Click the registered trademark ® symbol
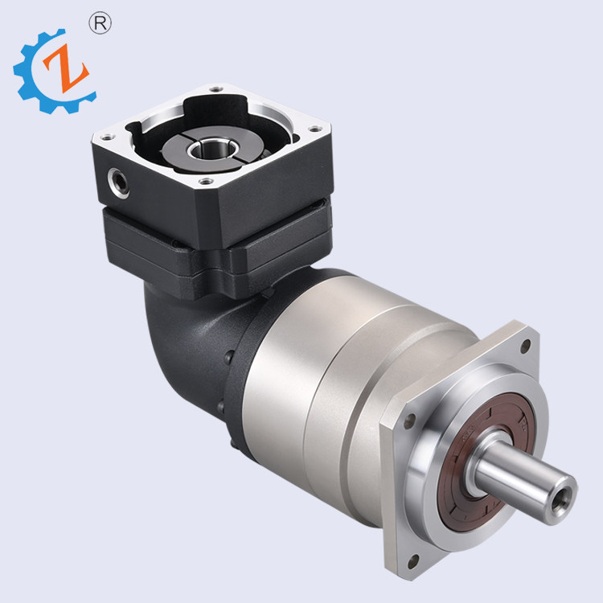(x=102, y=23)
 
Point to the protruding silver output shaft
(x=523, y=474)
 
